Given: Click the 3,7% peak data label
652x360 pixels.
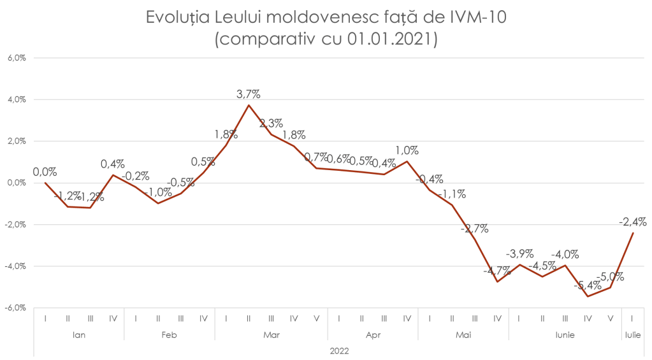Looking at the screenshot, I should [248, 94].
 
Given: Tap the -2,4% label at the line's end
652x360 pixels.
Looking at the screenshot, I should [633, 222].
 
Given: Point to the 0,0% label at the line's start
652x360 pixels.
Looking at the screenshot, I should [45, 171].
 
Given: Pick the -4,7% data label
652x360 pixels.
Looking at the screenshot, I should [496, 271].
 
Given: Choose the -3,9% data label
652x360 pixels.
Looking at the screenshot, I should [520, 253].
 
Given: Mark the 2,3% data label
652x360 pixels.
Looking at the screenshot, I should [271, 124].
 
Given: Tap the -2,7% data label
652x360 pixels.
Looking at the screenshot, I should [475, 228].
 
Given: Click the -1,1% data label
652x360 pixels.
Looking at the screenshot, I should [453, 194].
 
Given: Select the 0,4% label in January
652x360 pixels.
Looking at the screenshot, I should [113, 164].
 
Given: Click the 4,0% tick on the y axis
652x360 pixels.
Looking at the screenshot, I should [17, 99].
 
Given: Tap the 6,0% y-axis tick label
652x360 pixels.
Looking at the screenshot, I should [17, 58].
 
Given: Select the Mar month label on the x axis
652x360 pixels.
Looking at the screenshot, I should [271, 335].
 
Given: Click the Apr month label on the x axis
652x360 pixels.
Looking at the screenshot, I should [372, 335].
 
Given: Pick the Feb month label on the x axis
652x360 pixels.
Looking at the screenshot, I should [169, 335].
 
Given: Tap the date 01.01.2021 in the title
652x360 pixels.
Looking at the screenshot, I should [391, 40].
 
